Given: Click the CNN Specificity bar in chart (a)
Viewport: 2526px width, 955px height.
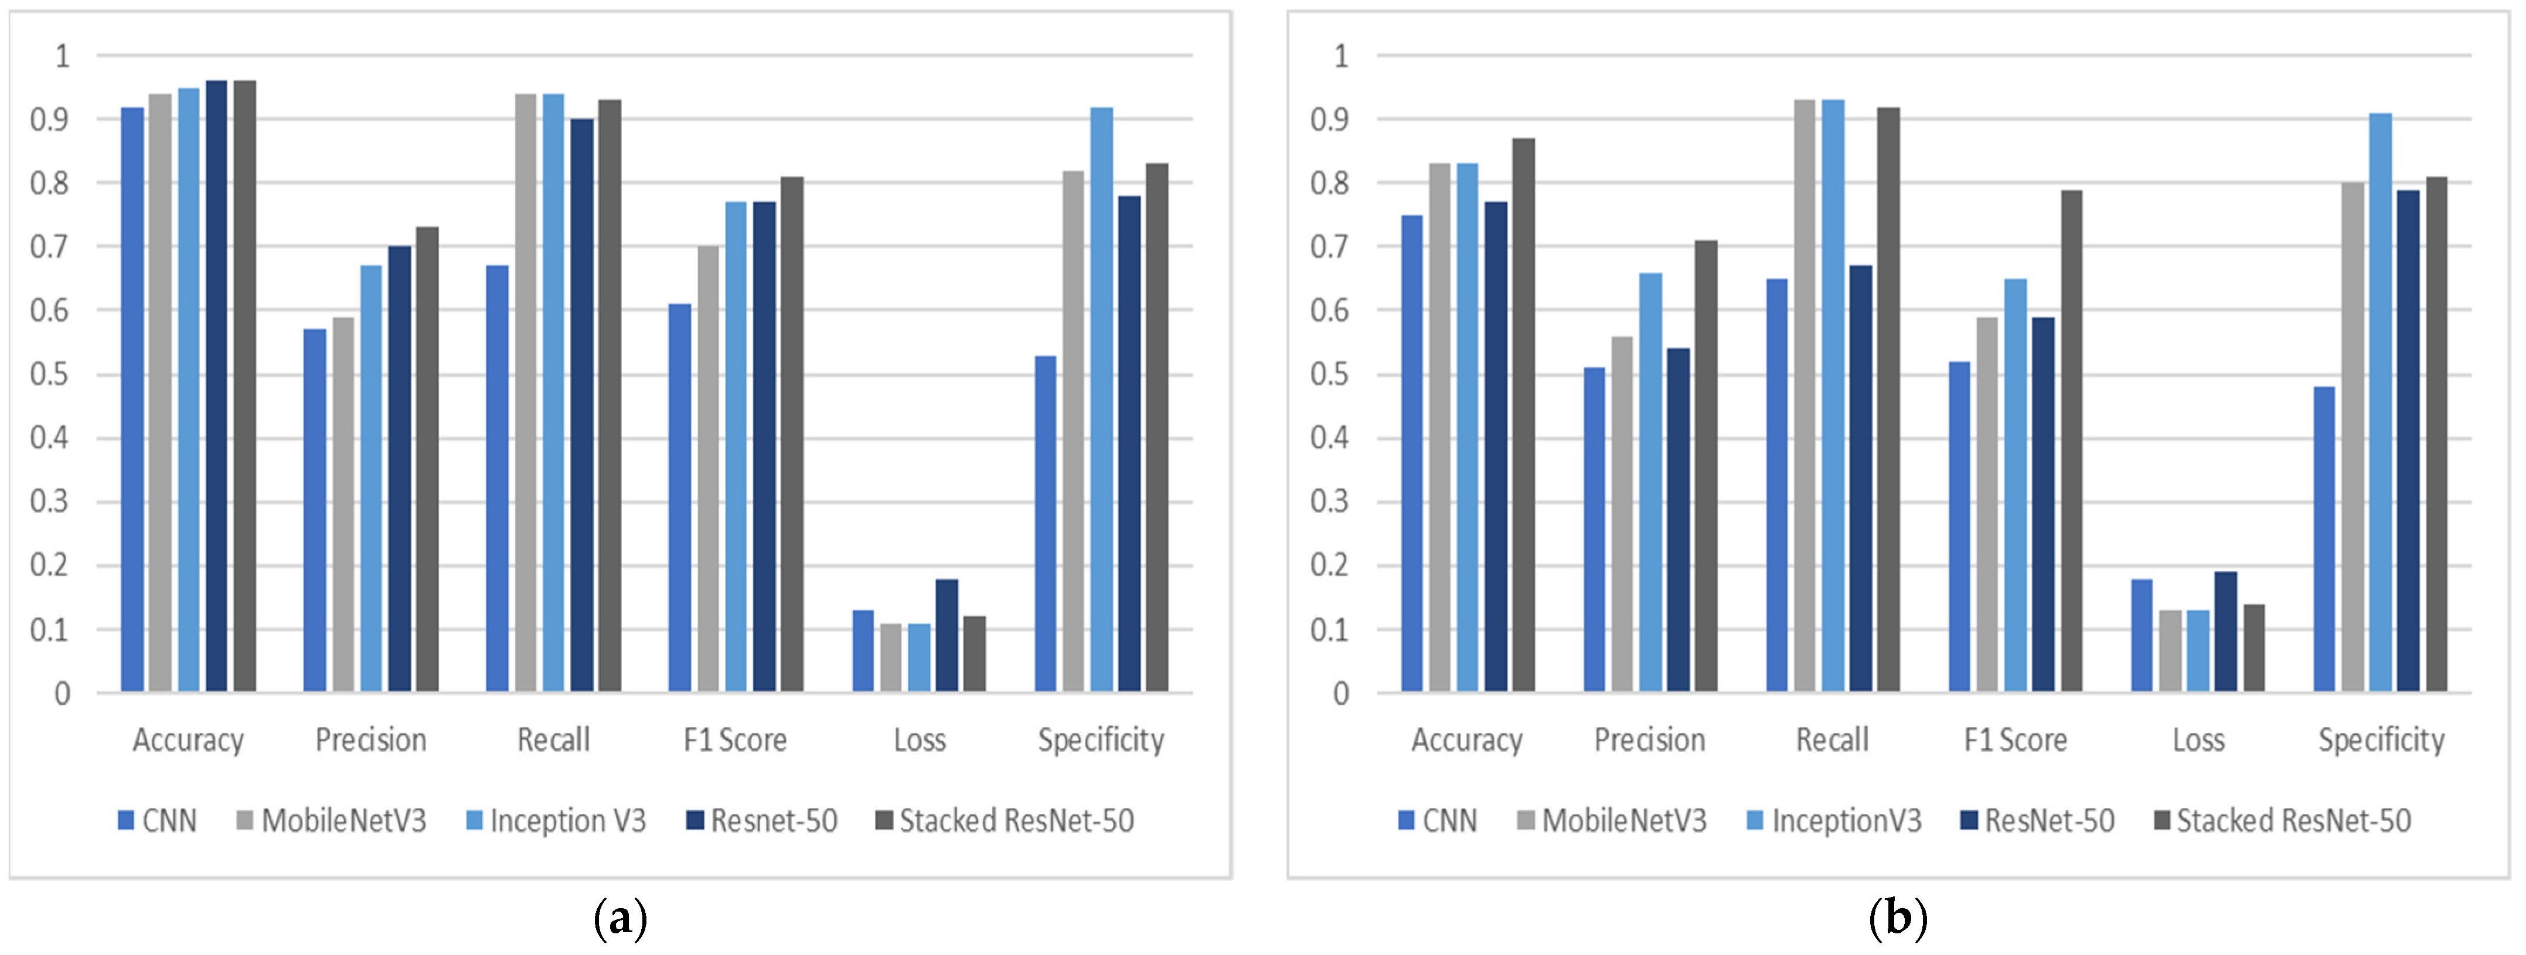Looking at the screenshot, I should coord(1046,524).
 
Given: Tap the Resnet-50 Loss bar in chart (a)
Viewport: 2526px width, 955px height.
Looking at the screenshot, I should coord(947,635).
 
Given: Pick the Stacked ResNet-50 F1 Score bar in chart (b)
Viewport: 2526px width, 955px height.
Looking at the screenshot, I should coord(2071,441).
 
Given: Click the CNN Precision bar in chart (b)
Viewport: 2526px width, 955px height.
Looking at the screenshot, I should coord(1595,530).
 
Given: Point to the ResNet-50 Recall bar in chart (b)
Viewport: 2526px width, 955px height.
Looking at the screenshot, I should coord(1860,479).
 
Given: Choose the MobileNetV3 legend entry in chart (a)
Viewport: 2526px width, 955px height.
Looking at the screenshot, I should coord(332,821).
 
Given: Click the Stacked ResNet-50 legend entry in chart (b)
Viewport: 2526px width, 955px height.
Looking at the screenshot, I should coord(2282,821).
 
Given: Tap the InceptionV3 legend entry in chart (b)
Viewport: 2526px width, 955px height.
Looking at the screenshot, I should coord(1834,821).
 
